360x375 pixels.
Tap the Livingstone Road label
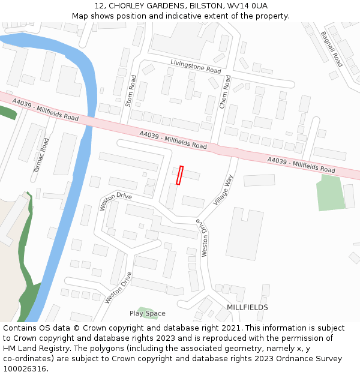[196, 66]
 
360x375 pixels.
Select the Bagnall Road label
[331, 49]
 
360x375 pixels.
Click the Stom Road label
[132, 91]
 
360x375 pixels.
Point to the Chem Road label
[224, 92]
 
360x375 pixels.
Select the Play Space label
[147, 313]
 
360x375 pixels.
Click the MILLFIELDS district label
[247, 307]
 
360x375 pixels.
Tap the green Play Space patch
[142, 310]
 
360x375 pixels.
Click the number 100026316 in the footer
[25, 369]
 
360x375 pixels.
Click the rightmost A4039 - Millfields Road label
[301, 165]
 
